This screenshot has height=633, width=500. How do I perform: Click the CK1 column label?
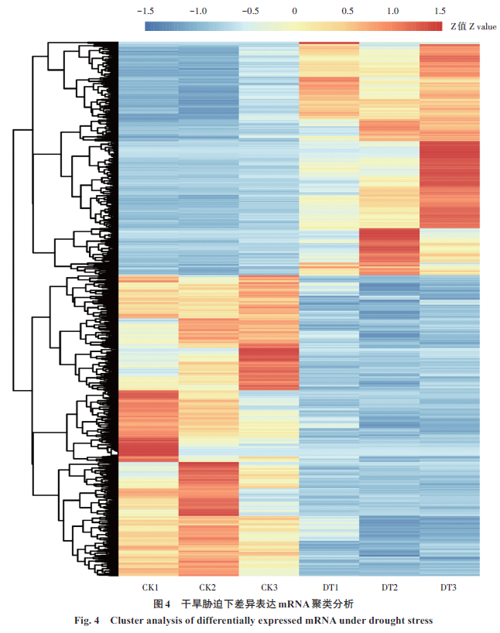pos(150,587)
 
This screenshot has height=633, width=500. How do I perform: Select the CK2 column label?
pos(210,587)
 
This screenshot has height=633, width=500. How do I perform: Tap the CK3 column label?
pos(269,587)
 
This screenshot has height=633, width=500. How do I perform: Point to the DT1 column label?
pos(329,587)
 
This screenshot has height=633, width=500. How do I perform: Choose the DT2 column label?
pos(389,587)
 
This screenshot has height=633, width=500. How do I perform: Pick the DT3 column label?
pos(448,587)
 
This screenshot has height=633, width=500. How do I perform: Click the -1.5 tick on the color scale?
pos(145,11)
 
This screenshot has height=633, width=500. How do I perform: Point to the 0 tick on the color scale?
pos(295,11)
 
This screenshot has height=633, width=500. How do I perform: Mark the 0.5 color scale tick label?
pos(347,11)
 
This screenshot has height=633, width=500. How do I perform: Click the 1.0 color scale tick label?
pos(393,11)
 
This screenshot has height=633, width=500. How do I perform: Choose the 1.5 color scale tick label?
pos(440,11)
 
